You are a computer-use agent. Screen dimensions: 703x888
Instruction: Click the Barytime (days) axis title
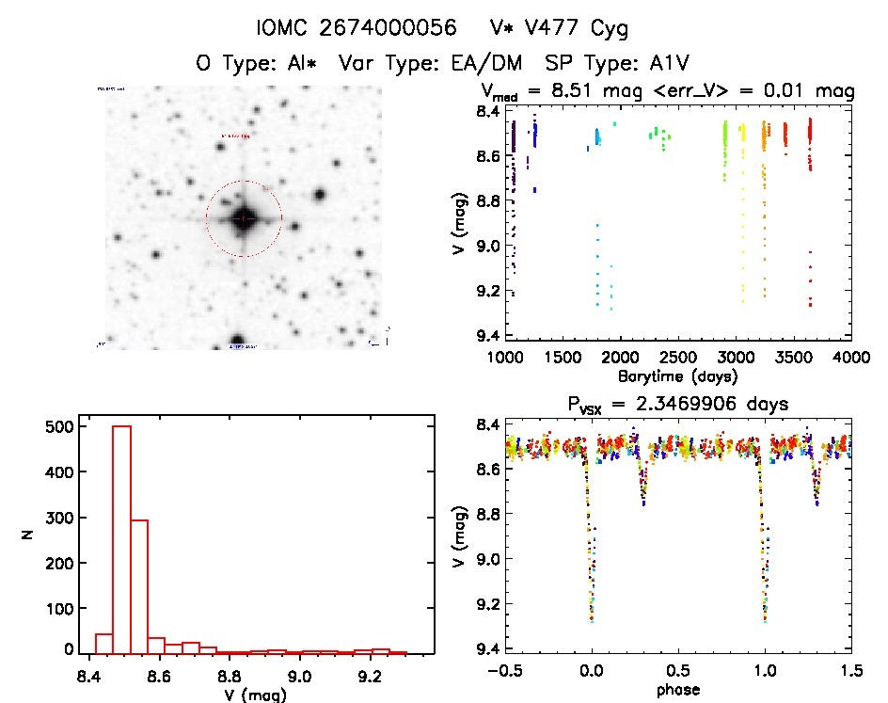pos(677,376)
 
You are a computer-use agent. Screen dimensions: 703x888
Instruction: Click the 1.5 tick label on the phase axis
pos(851,671)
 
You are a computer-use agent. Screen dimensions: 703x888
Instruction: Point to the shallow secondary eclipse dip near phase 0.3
pos(644,494)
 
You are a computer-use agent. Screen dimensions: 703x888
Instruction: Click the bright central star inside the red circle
pos(244,218)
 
